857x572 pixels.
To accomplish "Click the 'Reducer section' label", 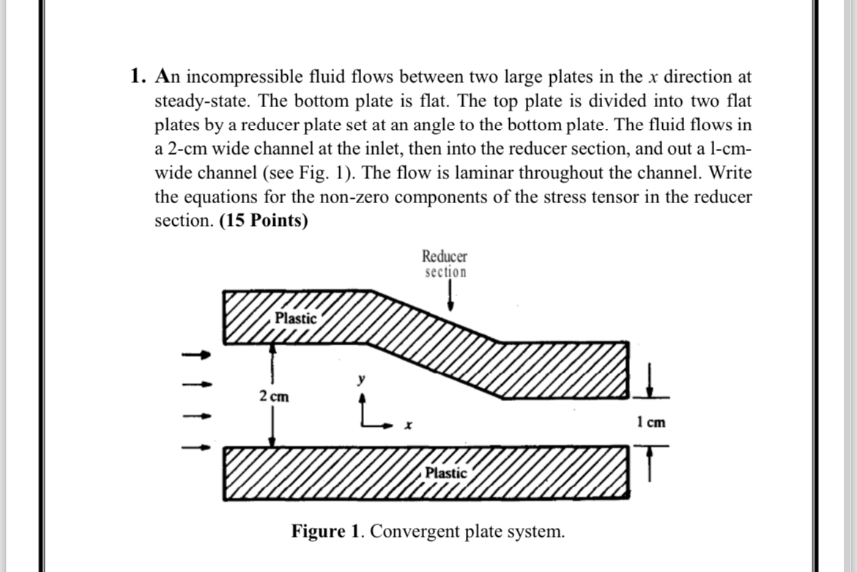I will (x=445, y=264).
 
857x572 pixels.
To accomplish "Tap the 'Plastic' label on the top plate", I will (x=296, y=318).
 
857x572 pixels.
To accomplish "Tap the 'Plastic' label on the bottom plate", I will (x=446, y=473).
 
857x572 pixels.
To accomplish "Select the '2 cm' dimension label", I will (x=273, y=397).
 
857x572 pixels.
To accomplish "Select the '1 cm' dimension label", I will (x=651, y=422).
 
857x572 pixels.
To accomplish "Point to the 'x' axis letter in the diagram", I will (x=410, y=425).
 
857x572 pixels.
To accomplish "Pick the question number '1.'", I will (x=138, y=76).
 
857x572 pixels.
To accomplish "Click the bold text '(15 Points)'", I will (x=264, y=221).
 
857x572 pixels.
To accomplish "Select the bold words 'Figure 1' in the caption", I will (x=327, y=530).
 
